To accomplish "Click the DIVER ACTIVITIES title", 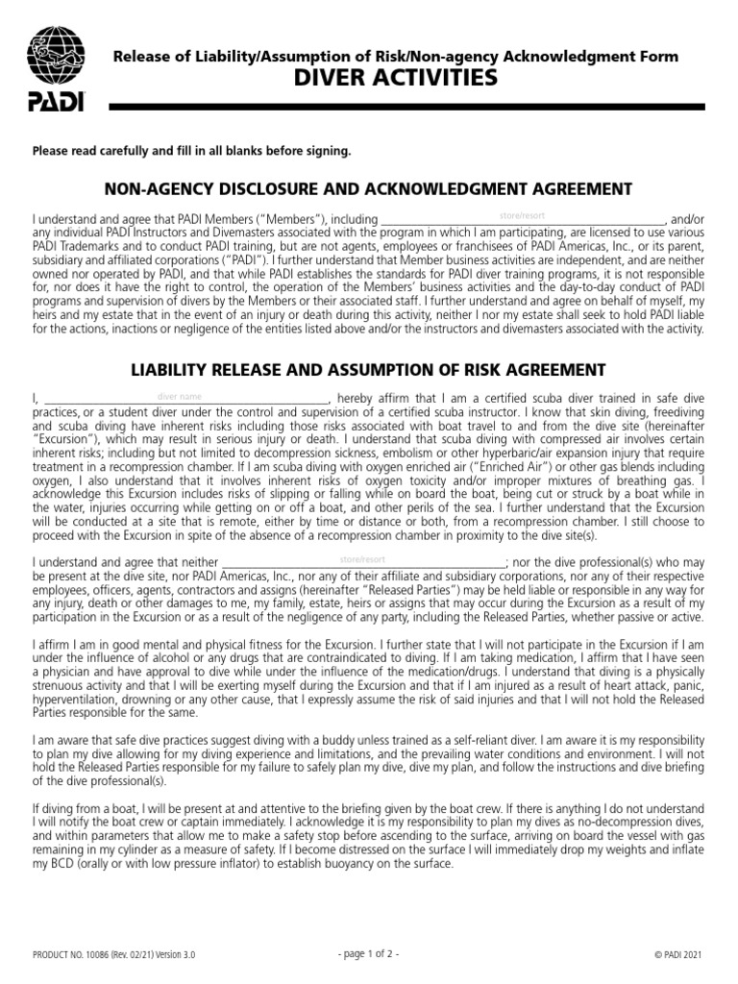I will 395,78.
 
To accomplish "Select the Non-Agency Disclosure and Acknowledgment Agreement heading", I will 368,187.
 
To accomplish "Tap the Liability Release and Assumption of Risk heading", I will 368,369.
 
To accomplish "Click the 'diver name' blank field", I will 183,397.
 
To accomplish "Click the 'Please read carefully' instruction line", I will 192,151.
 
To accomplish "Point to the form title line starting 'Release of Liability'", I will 395,57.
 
